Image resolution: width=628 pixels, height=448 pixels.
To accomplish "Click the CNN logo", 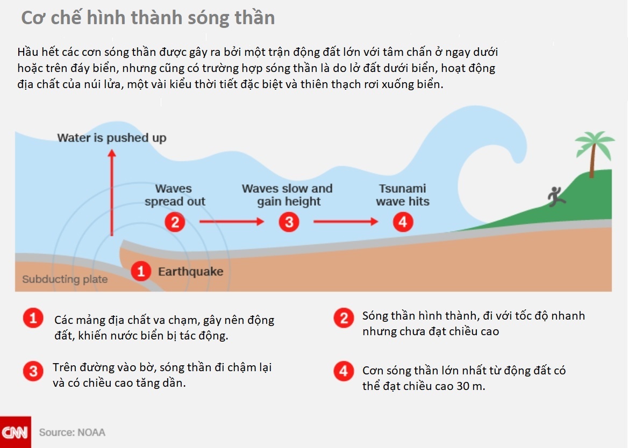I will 15,432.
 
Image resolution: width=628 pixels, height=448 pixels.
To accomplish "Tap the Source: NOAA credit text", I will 72,432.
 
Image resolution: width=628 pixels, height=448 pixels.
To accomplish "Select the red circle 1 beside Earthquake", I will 141,271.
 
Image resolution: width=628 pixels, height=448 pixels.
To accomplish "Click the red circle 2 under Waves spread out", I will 175,221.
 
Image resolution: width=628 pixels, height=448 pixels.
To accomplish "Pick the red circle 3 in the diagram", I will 289,221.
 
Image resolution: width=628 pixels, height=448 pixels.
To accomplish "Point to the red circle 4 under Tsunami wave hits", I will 403,221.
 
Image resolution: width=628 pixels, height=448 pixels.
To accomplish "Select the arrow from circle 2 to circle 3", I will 232,221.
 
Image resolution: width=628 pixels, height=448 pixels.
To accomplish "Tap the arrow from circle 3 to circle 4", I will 346,221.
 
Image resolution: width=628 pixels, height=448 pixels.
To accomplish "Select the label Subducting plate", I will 65,279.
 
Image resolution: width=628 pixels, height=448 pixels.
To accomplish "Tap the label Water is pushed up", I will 112,138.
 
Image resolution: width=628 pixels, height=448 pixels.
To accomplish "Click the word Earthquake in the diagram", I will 190,271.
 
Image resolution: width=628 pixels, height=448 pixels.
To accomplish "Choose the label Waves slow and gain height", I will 288,195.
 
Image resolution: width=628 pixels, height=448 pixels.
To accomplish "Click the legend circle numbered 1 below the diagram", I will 33,319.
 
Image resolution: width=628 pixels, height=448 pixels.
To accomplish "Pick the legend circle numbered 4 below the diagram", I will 344,371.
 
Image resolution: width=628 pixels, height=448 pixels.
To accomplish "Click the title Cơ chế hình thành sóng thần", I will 148,18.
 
